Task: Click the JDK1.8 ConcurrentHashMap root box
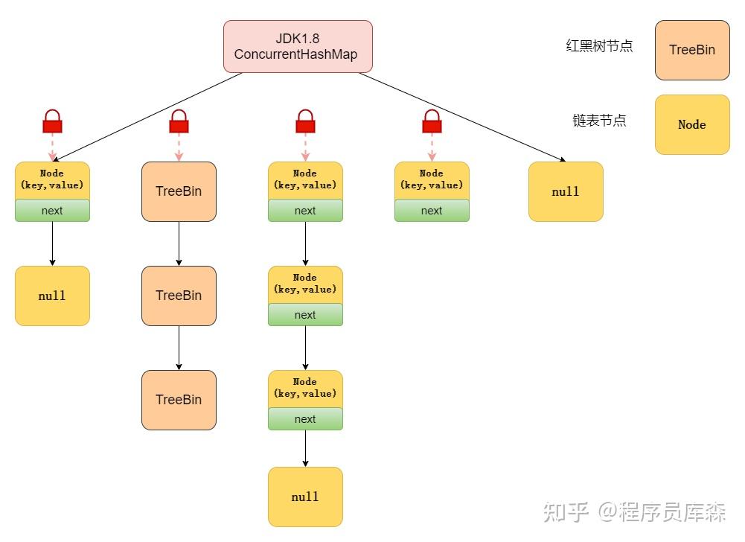coord(298,47)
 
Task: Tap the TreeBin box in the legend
coord(692,50)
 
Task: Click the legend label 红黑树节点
coord(599,45)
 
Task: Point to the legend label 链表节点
coord(599,121)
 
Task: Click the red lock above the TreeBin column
coord(179,121)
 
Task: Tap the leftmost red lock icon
coord(52,121)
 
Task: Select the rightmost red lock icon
coord(432,121)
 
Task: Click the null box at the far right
coord(566,191)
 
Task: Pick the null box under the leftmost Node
coord(52,296)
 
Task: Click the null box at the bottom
coord(305,497)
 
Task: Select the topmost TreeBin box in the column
coord(179,191)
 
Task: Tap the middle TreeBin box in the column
coord(179,296)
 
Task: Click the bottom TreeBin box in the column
coord(179,400)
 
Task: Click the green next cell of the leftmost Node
coord(52,211)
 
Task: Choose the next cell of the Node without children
coord(432,211)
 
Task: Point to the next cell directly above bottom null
coord(305,419)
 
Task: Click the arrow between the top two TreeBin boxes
coord(179,244)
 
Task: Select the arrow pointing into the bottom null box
coord(305,449)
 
